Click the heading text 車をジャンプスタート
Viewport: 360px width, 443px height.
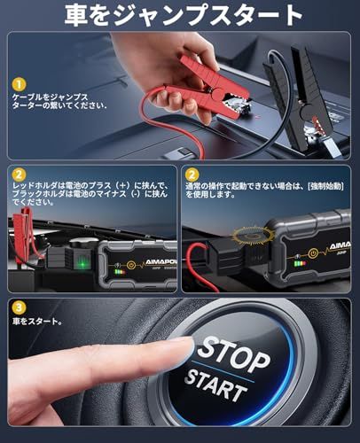pyautogui.click(x=179, y=16)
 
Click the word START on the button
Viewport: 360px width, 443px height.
pyautogui.click(x=218, y=387)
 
